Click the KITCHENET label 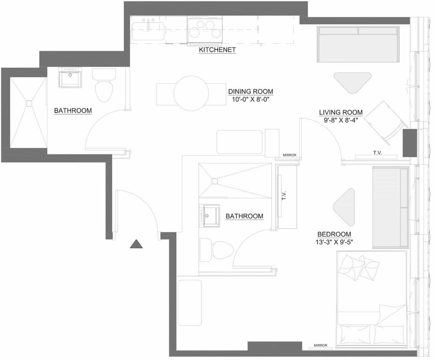point(217,50)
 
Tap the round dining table point(191,93)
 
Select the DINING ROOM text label point(251,91)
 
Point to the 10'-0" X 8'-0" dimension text point(251,99)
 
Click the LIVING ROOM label point(341,112)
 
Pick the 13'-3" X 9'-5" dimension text point(335,242)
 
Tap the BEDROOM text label point(335,234)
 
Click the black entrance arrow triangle point(136,244)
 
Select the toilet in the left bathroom point(104,88)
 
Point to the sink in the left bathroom point(70,78)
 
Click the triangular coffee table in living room point(353,81)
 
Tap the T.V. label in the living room point(377,153)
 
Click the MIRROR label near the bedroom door point(289,155)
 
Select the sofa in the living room point(358,44)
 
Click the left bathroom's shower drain point(29,103)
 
